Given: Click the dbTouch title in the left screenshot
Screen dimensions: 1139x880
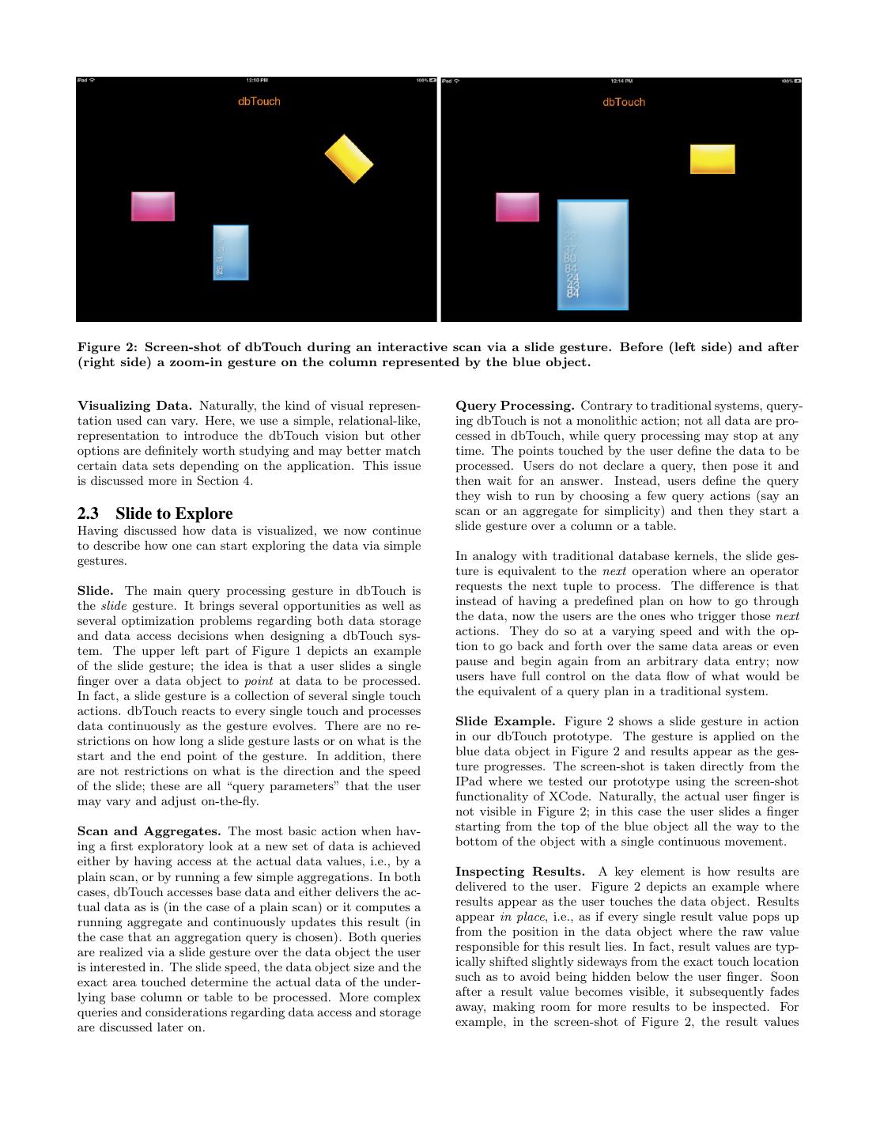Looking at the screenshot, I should coord(259,101).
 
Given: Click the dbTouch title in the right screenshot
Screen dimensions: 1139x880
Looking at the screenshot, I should coord(624,102).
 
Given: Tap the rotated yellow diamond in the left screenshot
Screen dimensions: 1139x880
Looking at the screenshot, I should coord(349,159).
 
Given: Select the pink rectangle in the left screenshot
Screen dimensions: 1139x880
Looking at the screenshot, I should coord(153,206).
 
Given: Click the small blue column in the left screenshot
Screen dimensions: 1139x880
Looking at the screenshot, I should coord(231,252).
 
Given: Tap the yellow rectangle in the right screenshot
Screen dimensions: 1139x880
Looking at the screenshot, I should coord(712,159).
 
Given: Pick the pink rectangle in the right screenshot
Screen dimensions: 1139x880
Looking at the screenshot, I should coord(517,207).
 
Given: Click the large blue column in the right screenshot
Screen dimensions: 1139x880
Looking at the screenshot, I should coord(593,255).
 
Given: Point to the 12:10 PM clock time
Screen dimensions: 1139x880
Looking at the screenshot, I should coord(257,81).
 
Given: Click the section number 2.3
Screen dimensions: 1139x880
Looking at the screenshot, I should coord(87,514).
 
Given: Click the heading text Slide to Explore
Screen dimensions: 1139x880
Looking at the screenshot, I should coord(174,514).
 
